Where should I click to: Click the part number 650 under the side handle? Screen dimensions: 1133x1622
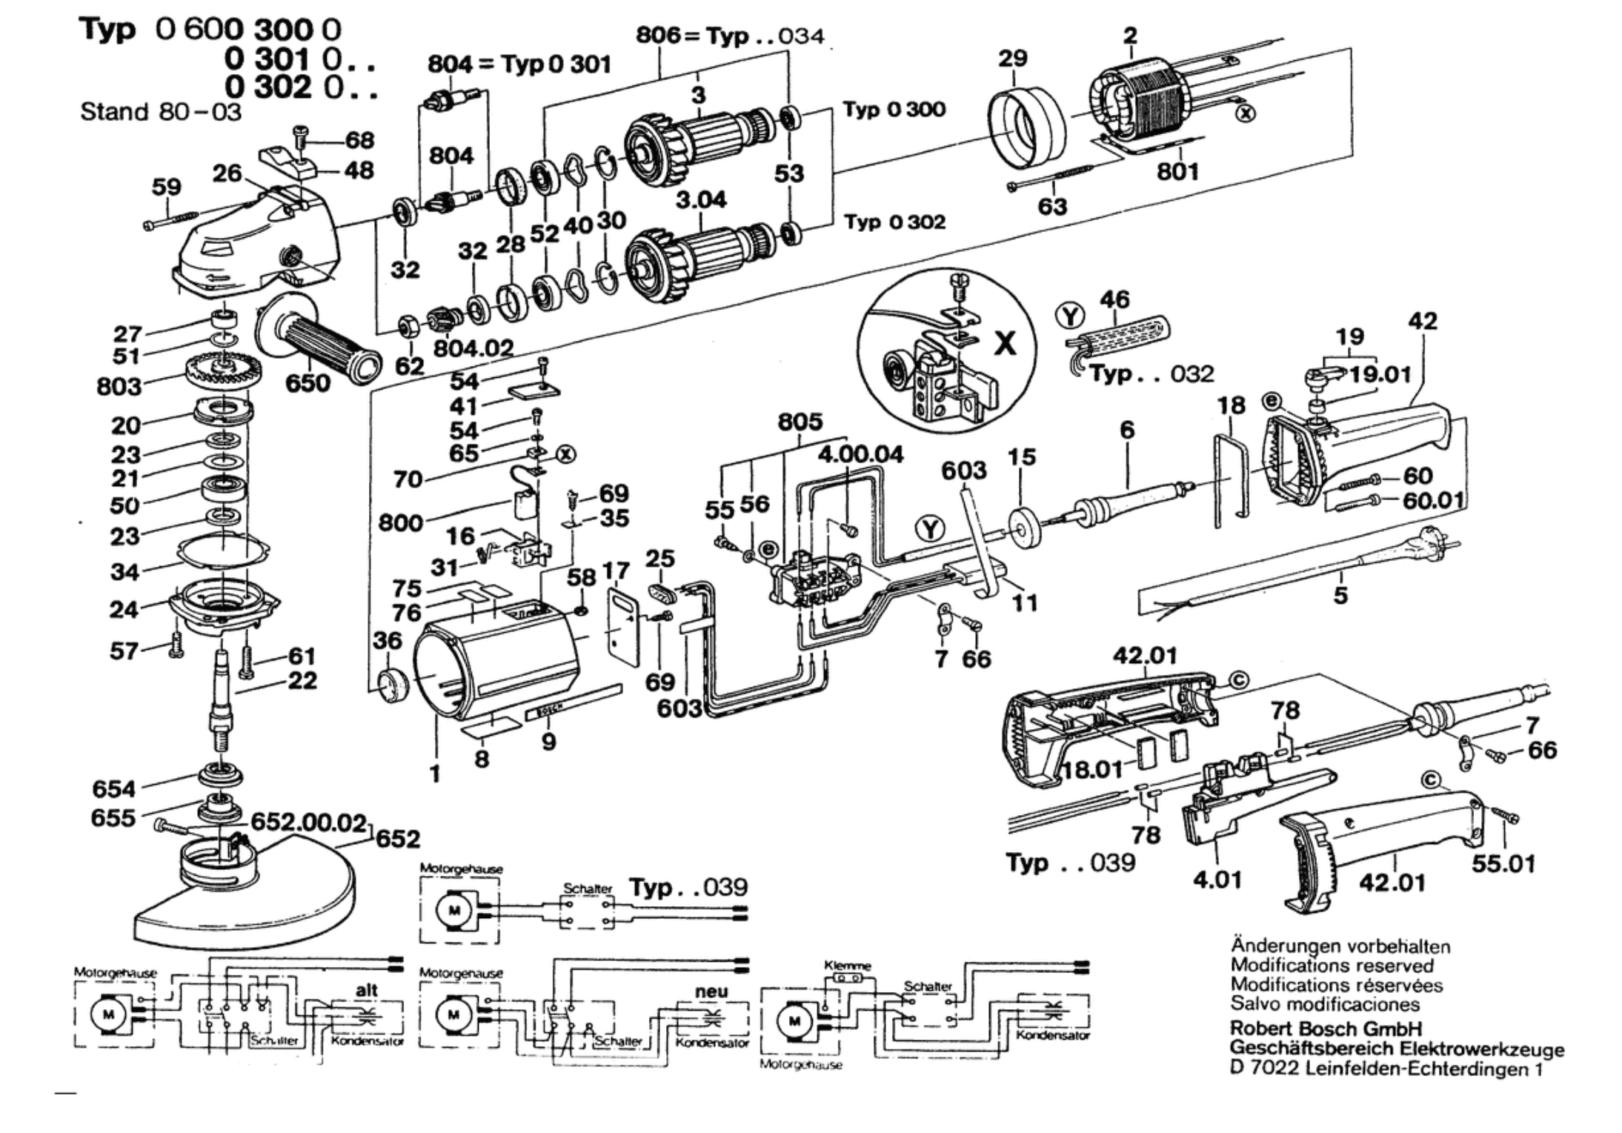(308, 383)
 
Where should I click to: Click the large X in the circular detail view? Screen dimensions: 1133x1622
(1005, 343)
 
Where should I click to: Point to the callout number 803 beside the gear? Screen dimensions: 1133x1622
(119, 386)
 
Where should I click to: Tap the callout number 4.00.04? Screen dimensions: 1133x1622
(860, 454)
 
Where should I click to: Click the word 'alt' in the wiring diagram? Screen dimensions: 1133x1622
(367, 990)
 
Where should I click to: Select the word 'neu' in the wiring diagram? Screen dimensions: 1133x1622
(711, 991)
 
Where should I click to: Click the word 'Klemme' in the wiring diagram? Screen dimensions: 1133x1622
(848, 966)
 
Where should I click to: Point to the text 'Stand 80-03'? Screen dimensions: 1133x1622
(161, 112)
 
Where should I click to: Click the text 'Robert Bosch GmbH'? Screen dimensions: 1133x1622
(1326, 1029)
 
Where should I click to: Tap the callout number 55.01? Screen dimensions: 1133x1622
(1503, 863)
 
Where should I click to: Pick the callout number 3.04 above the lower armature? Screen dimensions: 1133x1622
(701, 199)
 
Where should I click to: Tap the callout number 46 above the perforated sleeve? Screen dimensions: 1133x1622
(1114, 299)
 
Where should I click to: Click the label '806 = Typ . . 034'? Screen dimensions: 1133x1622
(730, 36)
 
